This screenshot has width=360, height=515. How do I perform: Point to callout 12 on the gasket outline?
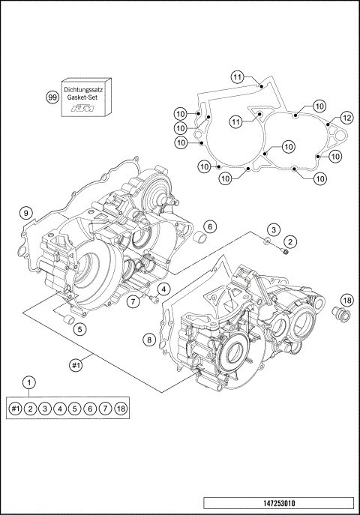pyautogui.click(x=346, y=118)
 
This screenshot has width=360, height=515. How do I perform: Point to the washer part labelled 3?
pyautogui.click(x=268, y=241)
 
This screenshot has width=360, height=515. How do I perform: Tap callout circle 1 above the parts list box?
pyautogui.click(x=29, y=382)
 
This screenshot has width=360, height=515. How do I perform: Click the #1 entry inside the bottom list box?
pyautogui.click(x=15, y=408)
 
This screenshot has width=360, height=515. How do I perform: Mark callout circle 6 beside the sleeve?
pyautogui.click(x=210, y=226)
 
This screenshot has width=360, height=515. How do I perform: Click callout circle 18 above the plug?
pyautogui.click(x=347, y=301)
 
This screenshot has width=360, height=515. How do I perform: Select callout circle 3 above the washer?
pyautogui.click(x=274, y=229)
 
